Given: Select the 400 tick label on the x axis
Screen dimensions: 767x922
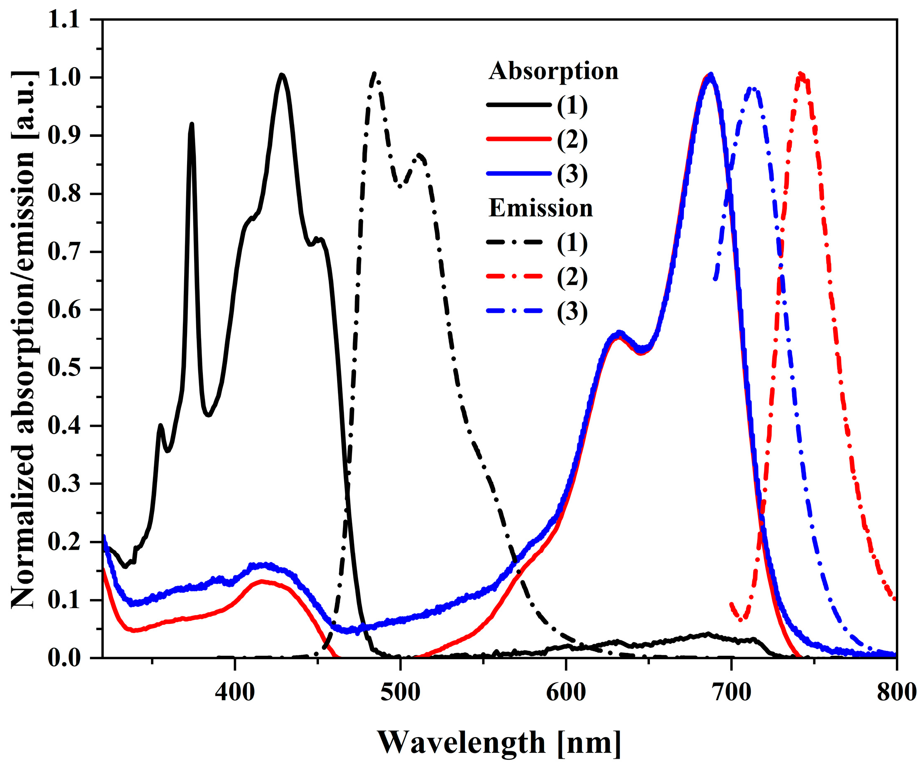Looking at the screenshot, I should click(x=235, y=692).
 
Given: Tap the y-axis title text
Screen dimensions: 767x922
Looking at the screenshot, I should click(x=24, y=338).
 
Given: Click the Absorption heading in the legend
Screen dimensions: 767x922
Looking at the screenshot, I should click(x=553, y=71).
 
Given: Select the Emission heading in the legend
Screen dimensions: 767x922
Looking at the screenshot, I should click(x=540, y=208).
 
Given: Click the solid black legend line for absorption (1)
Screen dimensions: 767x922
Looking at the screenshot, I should click(x=518, y=105).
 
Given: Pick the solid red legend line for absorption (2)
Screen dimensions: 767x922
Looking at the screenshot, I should click(x=518, y=139).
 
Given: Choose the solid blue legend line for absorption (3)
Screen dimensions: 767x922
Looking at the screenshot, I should click(x=518, y=174).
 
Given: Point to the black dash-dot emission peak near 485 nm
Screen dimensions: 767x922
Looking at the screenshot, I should click(x=374, y=74).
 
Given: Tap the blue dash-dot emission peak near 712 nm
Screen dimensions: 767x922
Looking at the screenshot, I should click(x=752, y=89).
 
